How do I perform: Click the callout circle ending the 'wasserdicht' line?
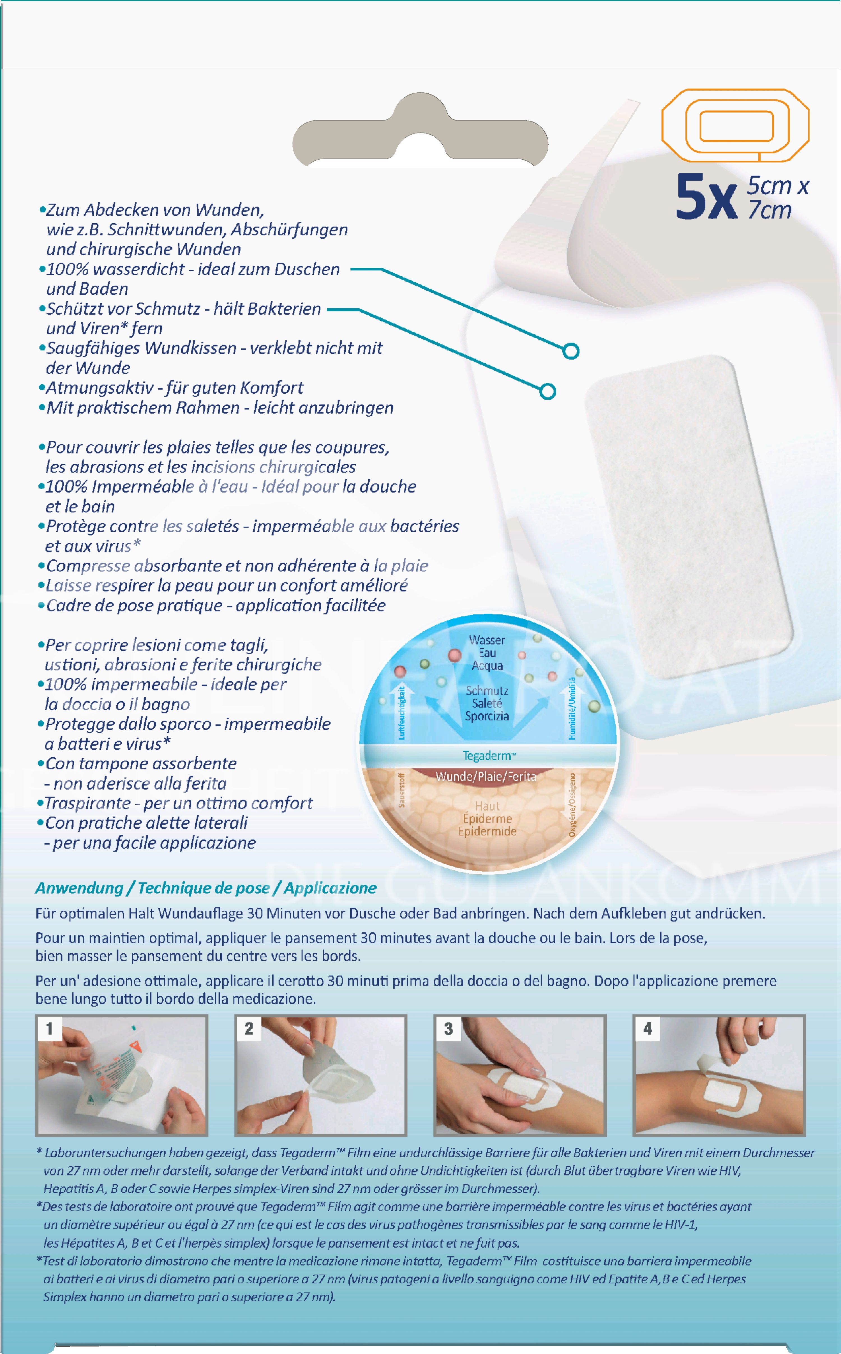571,351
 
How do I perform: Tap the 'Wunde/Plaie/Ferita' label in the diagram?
486,776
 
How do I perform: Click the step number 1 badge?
50,1029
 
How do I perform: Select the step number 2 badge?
249,1029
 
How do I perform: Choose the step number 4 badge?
648,1029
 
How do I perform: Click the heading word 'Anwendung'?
79,888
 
